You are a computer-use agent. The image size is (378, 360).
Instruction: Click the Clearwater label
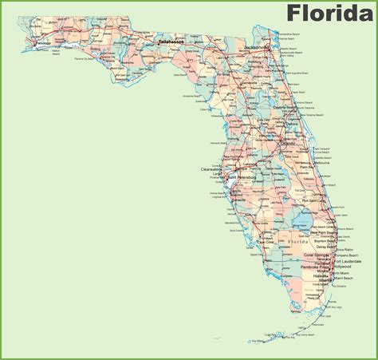(211, 169)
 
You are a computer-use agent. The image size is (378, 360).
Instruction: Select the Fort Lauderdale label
(347, 261)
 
